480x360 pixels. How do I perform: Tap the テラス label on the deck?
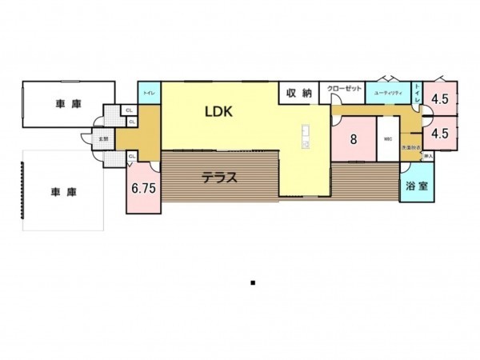(x=218, y=178)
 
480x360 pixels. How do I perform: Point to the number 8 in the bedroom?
(x=353, y=138)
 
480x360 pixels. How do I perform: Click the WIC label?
(x=388, y=138)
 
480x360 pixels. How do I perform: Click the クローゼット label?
(x=345, y=89)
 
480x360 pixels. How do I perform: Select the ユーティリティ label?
(x=387, y=93)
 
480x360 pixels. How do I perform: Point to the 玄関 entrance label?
(x=103, y=138)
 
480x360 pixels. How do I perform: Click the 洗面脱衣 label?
(x=411, y=147)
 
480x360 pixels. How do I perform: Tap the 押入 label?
(x=429, y=157)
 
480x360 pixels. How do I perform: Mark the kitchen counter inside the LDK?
(x=305, y=135)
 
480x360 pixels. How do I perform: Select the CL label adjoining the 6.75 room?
(x=130, y=157)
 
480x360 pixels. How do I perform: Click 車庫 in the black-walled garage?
(x=66, y=104)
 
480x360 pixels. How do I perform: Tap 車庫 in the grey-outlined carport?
(x=62, y=192)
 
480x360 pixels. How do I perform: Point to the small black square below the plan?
(x=253, y=282)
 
